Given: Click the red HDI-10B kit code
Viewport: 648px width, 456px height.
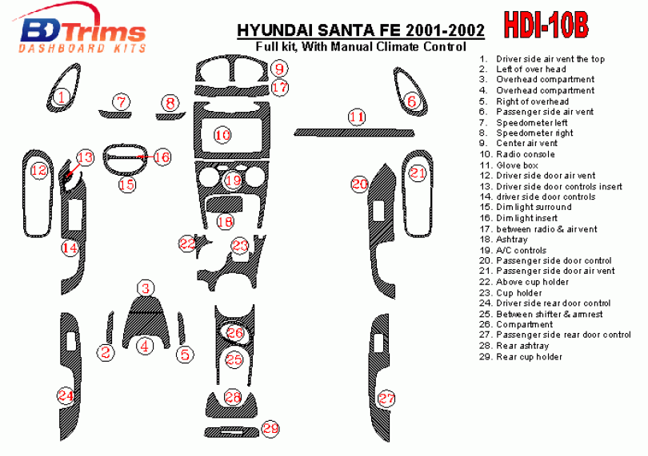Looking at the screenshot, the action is click(546, 26).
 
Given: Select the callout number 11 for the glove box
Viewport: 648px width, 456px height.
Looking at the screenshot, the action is click(357, 117).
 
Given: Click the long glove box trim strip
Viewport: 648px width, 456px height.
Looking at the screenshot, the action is click(354, 133).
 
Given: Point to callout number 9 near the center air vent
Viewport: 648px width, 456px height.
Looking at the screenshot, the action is click(279, 69).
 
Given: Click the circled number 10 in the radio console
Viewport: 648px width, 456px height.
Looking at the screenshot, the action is click(222, 134).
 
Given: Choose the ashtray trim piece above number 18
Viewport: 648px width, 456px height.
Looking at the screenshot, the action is click(224, 204).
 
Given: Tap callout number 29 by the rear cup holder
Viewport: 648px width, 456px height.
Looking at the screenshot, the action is click(270, 428).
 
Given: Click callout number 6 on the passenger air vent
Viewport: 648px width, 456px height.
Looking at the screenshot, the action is click(412, 101).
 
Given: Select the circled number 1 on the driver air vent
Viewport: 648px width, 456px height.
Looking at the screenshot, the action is click(62, 97).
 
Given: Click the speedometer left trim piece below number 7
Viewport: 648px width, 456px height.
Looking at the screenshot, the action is click(115, 114).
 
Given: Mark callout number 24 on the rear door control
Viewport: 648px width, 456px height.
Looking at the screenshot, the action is click(66, 396).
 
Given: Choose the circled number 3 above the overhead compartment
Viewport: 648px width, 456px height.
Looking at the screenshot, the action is click(146, 288).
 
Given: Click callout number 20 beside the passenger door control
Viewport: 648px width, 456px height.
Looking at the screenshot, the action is click(359, 184).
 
